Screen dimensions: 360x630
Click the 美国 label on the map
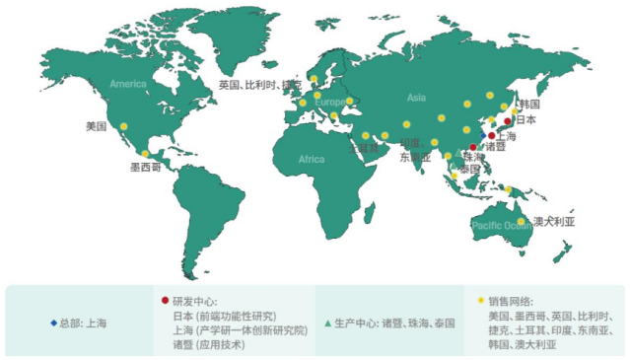pos(96,126)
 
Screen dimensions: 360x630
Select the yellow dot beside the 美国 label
pos(124,126)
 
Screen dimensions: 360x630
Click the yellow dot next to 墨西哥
pos(146,154)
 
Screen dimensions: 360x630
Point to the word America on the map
pos(128,84)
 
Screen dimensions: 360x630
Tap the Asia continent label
pos(417,98)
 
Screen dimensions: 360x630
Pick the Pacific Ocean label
pos(502,225)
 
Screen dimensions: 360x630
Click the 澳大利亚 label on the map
pos(553,221)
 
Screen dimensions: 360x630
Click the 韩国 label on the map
pos(528,104)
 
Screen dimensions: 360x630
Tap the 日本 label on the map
pos(526,119)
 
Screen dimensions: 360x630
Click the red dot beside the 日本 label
pos(508,121)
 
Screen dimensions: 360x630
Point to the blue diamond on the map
pos(482,135)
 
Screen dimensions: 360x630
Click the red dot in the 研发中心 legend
pos(165,299)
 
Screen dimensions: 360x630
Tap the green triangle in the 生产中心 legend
pos(326,323)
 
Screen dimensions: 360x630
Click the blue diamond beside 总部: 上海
pos(53,323)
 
